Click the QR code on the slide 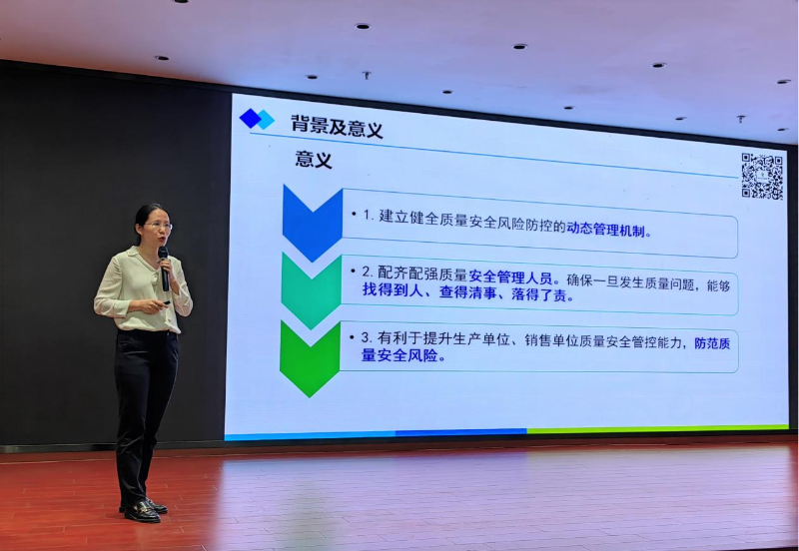click(x=761, y=176)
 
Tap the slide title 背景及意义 click(x=337, y=127)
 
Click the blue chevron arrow click(x=312, y=223)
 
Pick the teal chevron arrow click(x=311, y=290)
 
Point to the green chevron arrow click(x=310, y=357)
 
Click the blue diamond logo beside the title click(x=257, y=119)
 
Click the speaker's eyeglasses click(x=157, y=227)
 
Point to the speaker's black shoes click(x=143, y=510)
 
